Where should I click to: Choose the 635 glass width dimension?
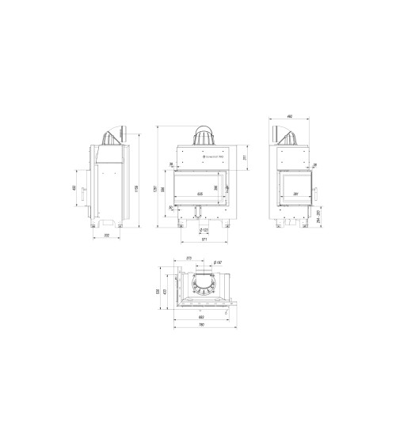[199, 194]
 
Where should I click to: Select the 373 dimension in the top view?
[189, 258]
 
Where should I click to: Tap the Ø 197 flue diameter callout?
[219, 262]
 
